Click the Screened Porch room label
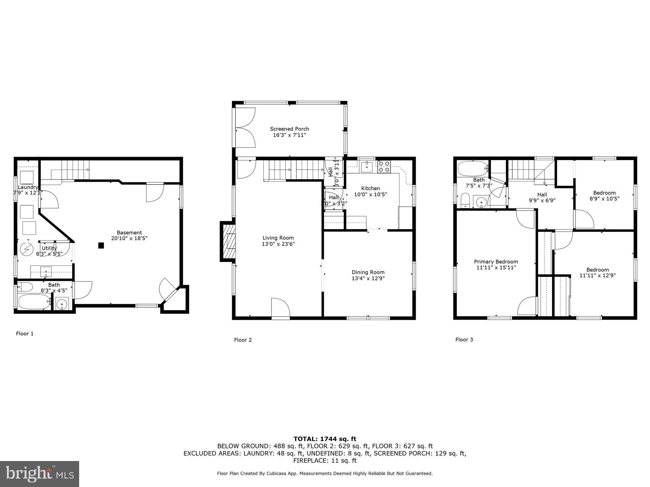pyautogui.click(x=289, y=129)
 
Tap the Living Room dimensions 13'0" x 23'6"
pyautogui.click(x=278, y=244)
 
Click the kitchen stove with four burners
pyautogui.click(x=384, y=167)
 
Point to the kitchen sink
pyautogui.click(x=367, y=166)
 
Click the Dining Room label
pyautogui.click(x=368, y=272)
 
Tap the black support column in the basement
pyautogui.click(x=101, y=246)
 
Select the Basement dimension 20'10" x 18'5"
pyautogui.click(x=129, y=238)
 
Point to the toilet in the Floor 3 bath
pyautogui.click(x=465, y=200)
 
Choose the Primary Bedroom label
pyautogui.click(x=496, y=262)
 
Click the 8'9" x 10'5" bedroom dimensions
pyautogui.click(x=604, y=199)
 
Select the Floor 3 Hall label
pyautogui.click(x=542, y=194)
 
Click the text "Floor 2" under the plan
pyautogui.click(x=243, y=340)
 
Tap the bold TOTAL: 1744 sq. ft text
pyautogui.click(x=325, y=439)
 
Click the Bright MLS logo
pyautogui.click(x=40, y=474)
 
